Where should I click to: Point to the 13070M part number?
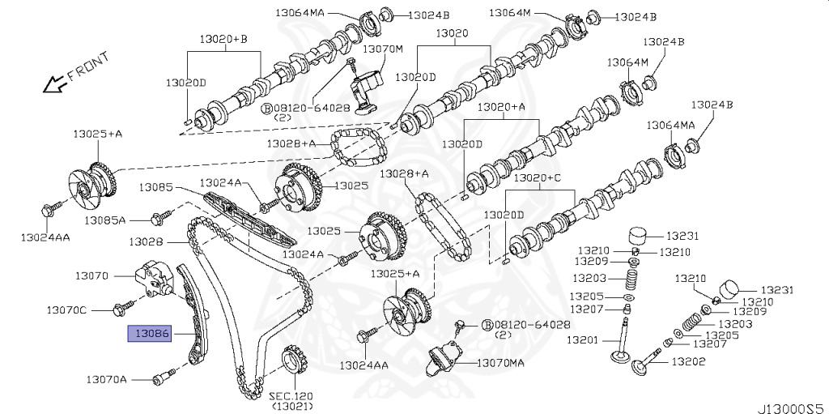(x=382, y=49)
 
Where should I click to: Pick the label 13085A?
(x=106, y=220)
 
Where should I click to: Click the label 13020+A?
(x=502, y=107)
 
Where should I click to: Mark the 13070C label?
(x=66, y=309)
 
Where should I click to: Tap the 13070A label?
(x=107, y=378)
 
